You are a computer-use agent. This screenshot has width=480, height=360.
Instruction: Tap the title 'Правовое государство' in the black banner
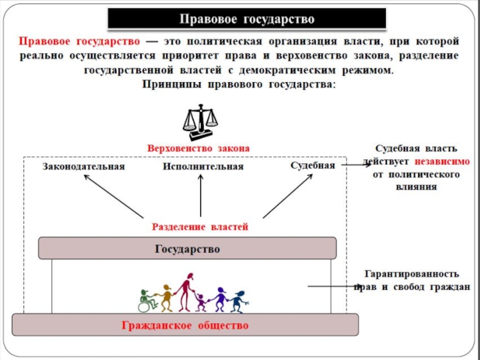pyautogui.click(x=247, y=20)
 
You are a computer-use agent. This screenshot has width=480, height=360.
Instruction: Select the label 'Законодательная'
pyautogui.click(x=83, y=166)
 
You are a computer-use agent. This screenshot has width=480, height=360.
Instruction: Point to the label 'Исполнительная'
pyautogui.click(x=203, y=166)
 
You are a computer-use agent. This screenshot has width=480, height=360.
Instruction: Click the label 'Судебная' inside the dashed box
pyautogui.click(x=313, y=165)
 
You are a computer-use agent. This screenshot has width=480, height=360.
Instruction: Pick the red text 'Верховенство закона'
pyautogui.click(x=198, y=147)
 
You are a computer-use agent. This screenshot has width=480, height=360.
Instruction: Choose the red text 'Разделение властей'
pyautogui.click(x=200, y=227)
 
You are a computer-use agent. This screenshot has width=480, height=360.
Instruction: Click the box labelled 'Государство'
pyautogui.click(x=187, y=248)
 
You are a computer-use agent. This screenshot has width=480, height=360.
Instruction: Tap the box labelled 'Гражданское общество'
pyautogui.click(x=185, y=326)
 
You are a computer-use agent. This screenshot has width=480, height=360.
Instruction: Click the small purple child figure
pyautogui.click(x=201, y=302)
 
